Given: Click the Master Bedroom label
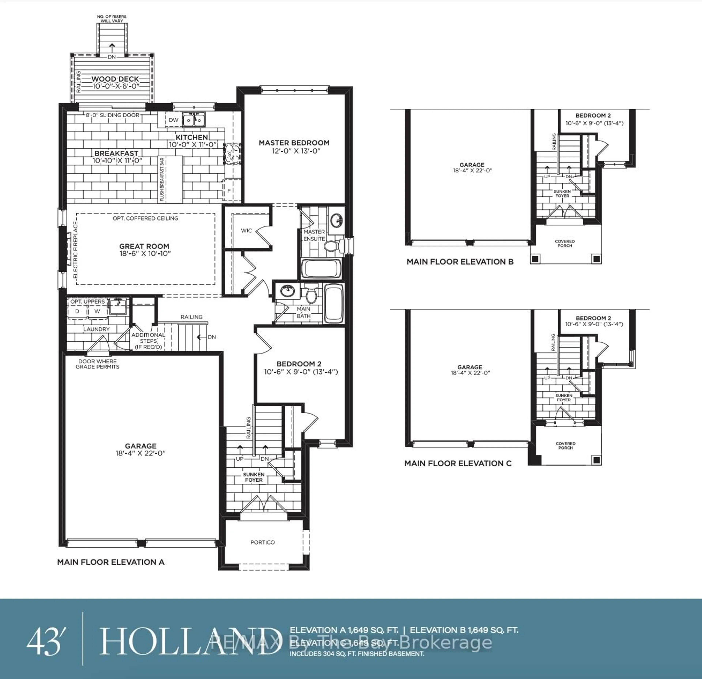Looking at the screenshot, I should pyautogui.click(x=294, y=143).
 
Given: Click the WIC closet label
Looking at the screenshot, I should pyautogui.click(x=246, y=231).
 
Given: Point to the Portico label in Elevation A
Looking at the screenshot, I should pyautogui.click(x=263, y=542).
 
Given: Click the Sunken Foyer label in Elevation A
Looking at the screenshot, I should pyautogui.click(x=254, y=477).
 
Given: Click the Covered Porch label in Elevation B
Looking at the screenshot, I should pyautogui.click(x=565, y=243).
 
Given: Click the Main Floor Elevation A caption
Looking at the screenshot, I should pyautogui.click(x=111, y=562).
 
